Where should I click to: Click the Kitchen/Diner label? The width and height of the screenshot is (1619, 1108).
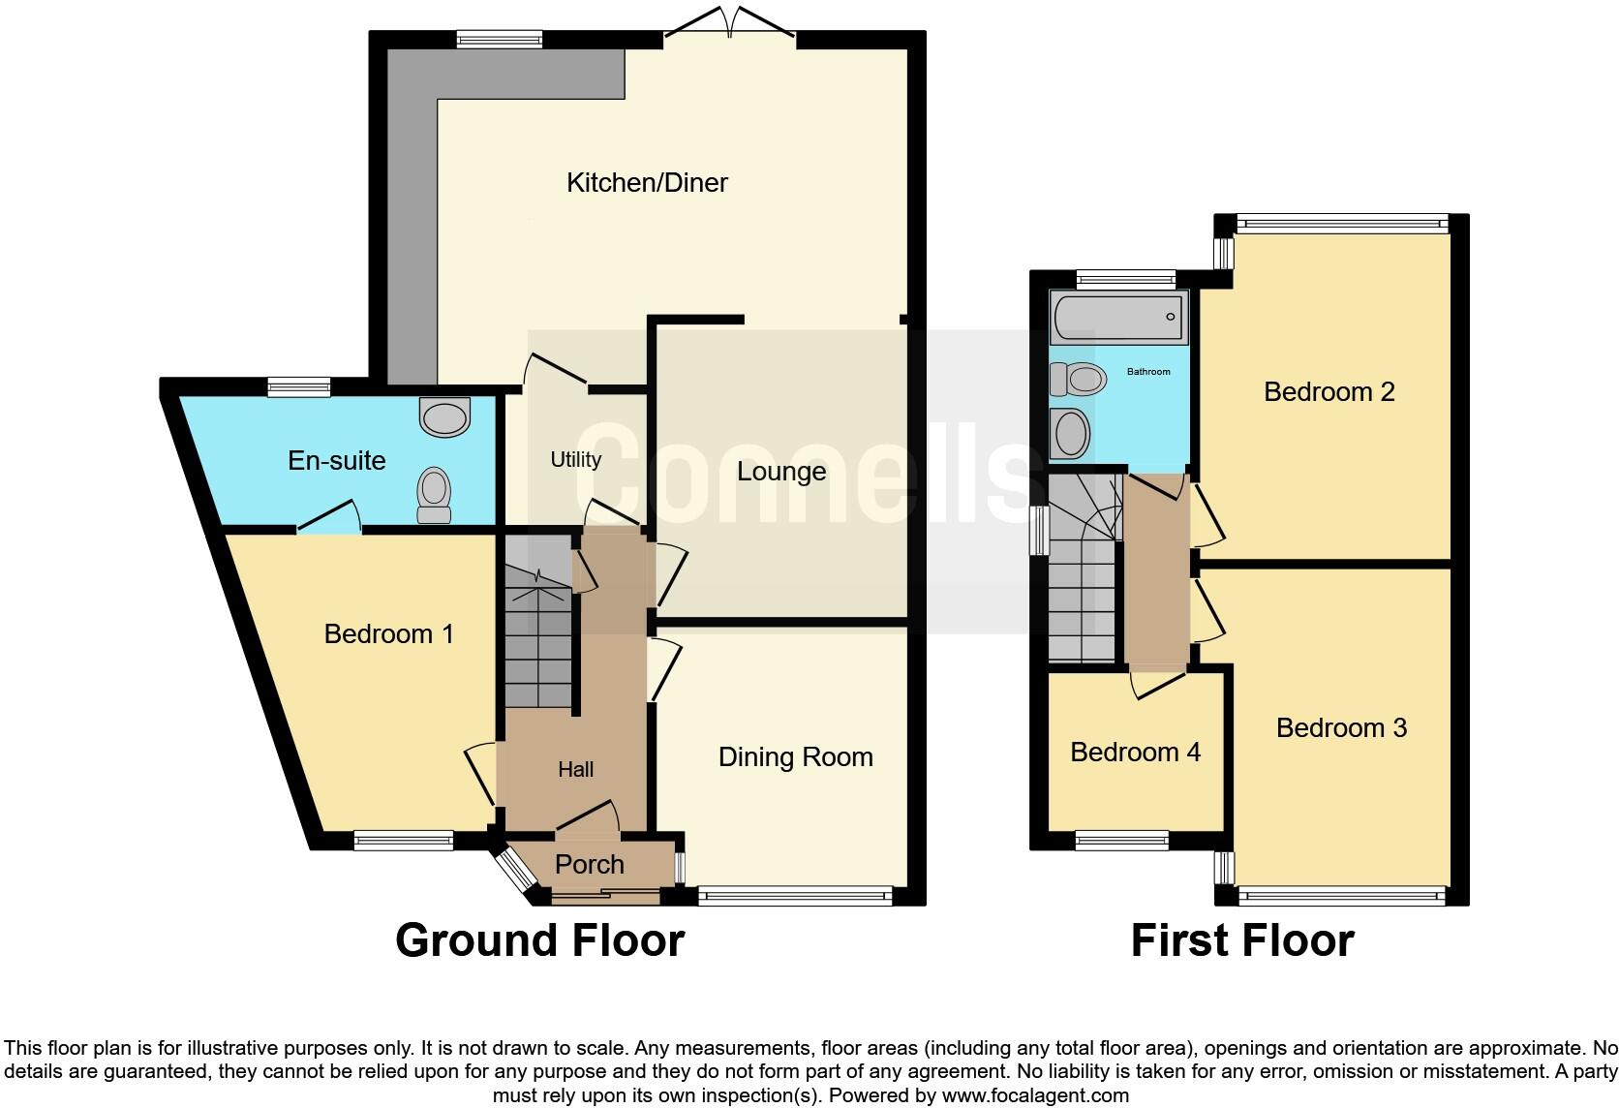647,182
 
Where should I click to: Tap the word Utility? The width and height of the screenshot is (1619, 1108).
576,460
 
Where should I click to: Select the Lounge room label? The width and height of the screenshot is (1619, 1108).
781,472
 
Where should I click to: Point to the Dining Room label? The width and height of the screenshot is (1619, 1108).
795,756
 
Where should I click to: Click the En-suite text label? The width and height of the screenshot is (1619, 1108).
337,460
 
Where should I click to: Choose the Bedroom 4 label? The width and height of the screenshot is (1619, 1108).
1135,752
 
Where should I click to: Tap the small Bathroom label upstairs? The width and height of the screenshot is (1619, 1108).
1148,372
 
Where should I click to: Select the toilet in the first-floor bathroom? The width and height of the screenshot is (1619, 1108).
1078,379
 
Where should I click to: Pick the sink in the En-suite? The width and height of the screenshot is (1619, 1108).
444,417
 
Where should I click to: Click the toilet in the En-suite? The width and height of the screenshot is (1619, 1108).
433,495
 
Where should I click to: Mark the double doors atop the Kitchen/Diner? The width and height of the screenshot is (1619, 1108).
730,21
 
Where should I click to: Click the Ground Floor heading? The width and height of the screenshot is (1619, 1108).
539,940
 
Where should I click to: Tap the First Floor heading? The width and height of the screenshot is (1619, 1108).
1242,940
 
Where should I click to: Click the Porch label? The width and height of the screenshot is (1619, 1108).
589,864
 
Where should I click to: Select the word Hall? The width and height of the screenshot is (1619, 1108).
575,769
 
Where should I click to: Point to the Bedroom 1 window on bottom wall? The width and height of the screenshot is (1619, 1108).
403,841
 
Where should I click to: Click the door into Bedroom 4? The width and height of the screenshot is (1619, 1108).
1158,683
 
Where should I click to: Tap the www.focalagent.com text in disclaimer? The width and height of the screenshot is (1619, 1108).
1034,1096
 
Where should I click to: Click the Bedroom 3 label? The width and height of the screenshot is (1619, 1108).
1341,727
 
